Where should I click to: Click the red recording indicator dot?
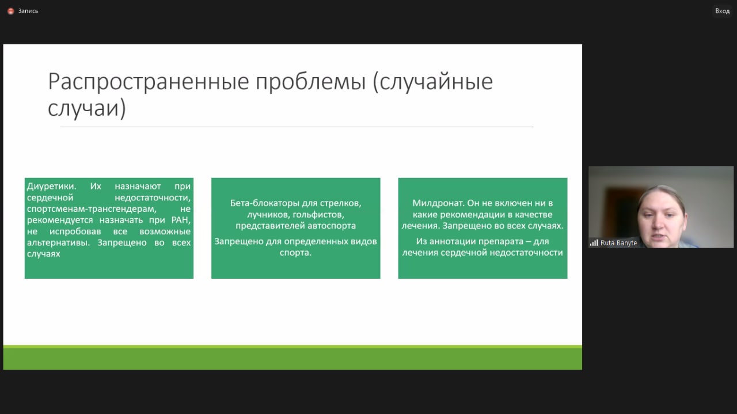point(10,11)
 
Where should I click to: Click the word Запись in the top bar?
point(28,11)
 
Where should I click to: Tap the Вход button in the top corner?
point(722,11)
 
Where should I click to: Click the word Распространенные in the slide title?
point(149,82)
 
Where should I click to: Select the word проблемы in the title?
point(310,82)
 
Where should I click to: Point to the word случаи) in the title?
point(87,108)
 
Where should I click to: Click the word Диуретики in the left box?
point(51,186)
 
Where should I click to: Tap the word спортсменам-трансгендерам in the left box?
point(92,209)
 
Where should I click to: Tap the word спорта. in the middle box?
point(295,253)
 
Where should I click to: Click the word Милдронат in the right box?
point(438,203)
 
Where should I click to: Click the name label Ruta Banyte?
point(618,243)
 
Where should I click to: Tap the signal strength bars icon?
point(594,243)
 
